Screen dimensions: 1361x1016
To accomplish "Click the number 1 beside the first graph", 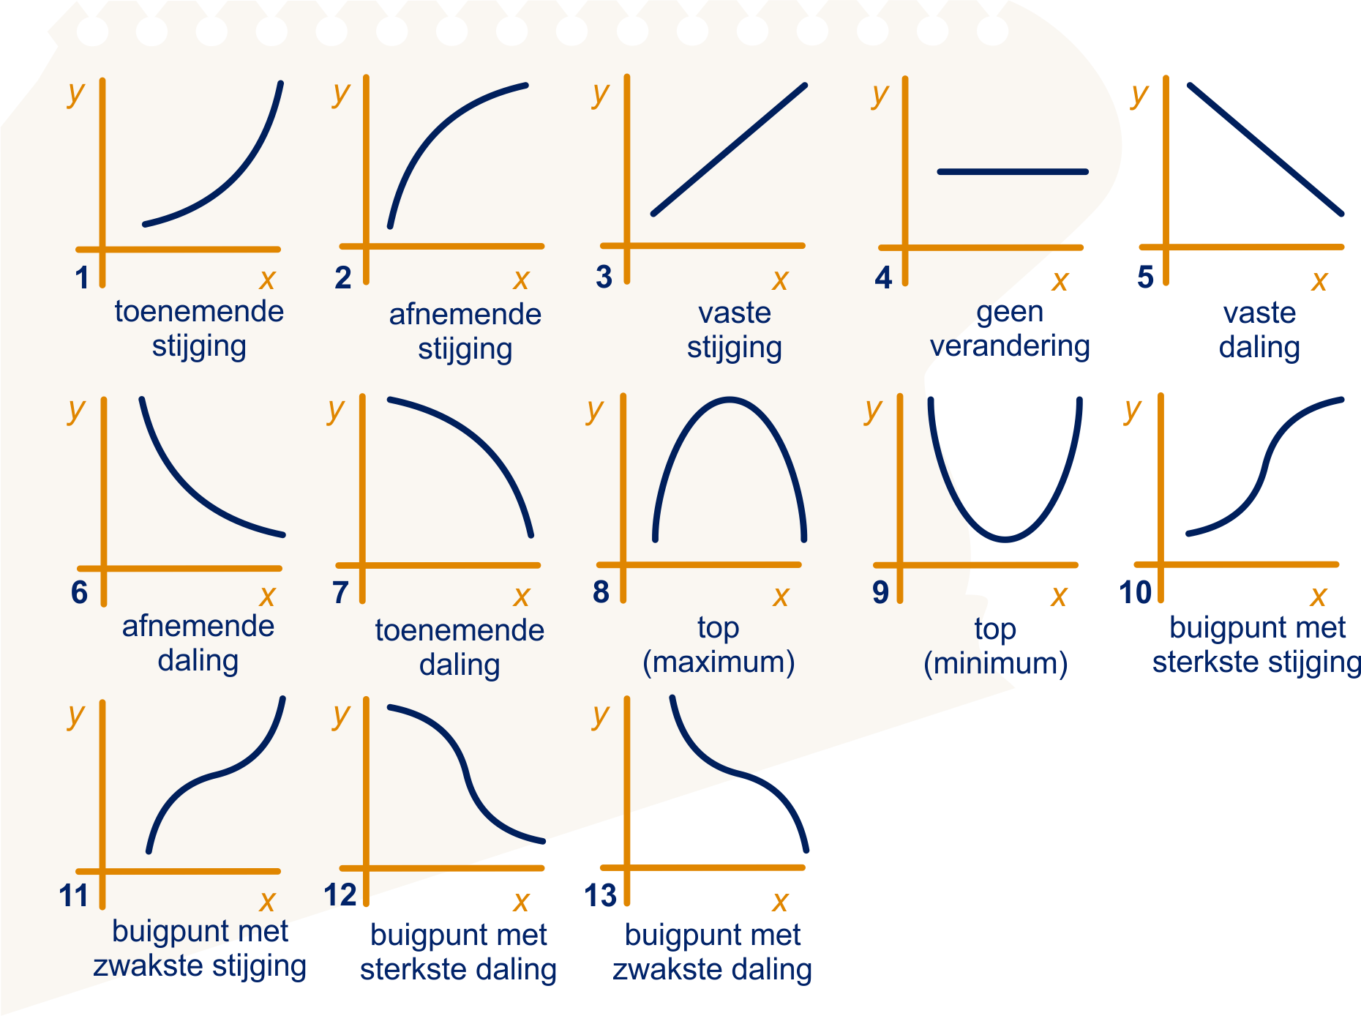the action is pos(82,277).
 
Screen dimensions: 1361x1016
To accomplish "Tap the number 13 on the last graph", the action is pos(600,895).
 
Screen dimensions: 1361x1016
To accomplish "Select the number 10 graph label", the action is pos(1136,592).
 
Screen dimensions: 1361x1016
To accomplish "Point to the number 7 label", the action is pos(340,592).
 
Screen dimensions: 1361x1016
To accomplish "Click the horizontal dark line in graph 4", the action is pos(1013,172).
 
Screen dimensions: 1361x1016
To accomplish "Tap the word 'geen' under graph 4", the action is pos(1010,313).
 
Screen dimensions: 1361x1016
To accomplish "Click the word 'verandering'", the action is pos(1010,345).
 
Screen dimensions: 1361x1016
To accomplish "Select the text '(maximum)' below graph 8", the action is pos(719,662).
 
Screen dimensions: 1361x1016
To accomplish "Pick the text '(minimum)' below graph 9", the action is pos(996,663).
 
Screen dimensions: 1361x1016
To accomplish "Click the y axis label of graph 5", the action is pos(1139,95).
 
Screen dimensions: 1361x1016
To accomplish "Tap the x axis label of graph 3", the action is pos(780,280).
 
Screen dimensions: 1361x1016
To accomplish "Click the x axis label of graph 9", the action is pos(1058,597).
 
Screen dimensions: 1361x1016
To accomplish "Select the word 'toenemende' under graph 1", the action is pos(199,311).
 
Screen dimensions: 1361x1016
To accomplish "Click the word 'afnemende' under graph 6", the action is pos(198,626).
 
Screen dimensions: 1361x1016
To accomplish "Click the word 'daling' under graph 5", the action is pos(1259,347).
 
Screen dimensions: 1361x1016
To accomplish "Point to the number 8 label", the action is pos(601,592).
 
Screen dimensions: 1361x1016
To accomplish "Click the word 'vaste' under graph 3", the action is pos(735,313).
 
